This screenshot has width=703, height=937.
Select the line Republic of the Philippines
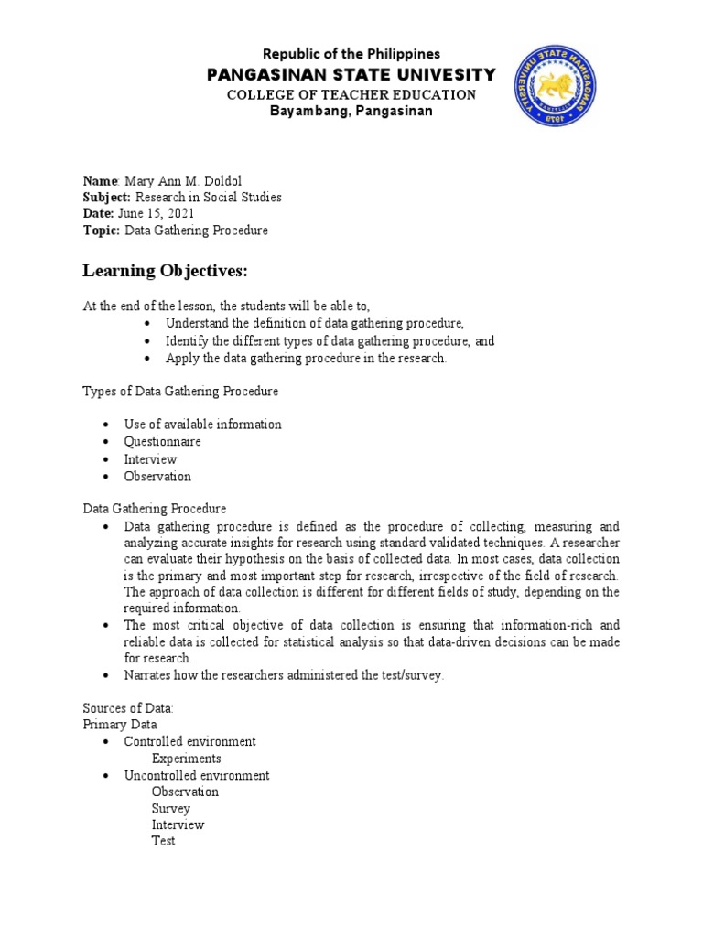(351, 54)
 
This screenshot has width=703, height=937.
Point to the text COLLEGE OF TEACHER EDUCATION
(351, 94)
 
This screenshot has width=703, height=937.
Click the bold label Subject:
(107, 197)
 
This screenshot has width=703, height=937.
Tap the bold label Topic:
(101, 231)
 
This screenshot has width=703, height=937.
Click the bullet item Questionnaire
(163, 442)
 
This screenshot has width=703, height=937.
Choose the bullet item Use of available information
(202, 425)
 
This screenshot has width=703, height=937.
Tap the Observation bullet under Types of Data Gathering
(157, 476)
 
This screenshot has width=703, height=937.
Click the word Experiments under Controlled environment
(186, 759)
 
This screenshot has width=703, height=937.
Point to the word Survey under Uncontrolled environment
(171, 808)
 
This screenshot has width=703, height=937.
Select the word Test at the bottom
(163, 841)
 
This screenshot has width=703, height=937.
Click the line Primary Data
(119, 725)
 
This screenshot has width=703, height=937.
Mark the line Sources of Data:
(128, 708)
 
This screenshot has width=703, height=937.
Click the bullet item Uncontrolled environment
(197, 775)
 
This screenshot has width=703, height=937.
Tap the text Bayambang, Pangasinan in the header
(351, 112)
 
